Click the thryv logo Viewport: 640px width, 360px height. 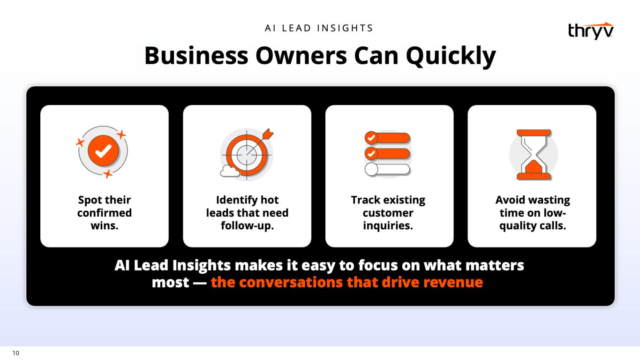pos(591,31)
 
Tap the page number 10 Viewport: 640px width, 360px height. pos(16,353)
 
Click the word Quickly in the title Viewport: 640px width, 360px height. pos(451,56)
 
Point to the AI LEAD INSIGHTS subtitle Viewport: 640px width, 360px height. pos(319,28)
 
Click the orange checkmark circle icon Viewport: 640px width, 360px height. pos(103,151)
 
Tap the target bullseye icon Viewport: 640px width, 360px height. pos(247,155)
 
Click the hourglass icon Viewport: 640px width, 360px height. pos(534,155)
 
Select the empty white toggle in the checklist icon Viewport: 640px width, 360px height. pos(387,169)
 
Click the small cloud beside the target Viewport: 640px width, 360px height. pos(229,171)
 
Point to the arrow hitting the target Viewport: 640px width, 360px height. pos(260,141)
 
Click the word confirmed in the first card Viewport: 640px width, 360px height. pos(105,213)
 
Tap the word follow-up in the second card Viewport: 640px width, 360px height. pos(247,226)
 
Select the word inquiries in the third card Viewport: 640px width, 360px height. pos(388,226)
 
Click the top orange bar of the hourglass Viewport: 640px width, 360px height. pos(534,133)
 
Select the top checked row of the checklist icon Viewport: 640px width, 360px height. pos(387,138)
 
